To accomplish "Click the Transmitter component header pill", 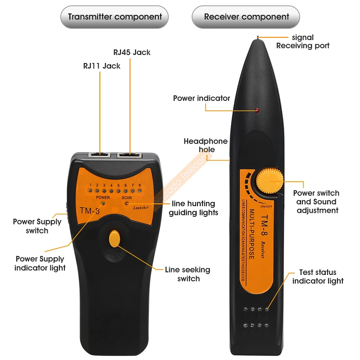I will (x=115, y=18).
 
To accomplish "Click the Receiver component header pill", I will (x=246, y=18).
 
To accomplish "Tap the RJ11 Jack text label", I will (x=102, y=66).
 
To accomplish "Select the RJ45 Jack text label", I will (x=132, y=52).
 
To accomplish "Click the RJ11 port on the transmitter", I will (x=99, y=154).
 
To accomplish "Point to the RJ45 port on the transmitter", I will (x=129, y=155).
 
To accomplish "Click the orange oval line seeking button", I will (x=115, y=238).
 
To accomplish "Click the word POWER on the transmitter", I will (x=103, y=198).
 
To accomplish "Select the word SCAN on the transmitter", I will (x=127, y=198).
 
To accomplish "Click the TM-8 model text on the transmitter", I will (x=90, y=210).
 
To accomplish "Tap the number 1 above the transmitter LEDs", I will (x=90, y=185).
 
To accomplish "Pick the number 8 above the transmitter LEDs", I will (x=140, y=185).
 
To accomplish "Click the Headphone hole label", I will (x=206, y=145).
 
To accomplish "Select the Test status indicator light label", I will (x=318, y=277).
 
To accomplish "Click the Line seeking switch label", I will (x=188, y=274).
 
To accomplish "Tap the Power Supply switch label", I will (x=37, y=226).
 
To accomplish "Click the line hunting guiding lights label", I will (x=193, y=208).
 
